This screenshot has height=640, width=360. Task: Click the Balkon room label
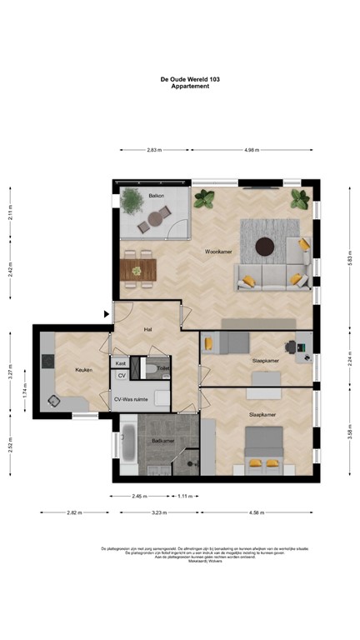(156, 196)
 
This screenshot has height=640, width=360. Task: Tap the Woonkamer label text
(218, 251)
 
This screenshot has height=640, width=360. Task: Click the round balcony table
(155, 219)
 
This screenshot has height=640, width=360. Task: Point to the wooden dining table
(138, 268)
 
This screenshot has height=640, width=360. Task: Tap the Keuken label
(82, 369)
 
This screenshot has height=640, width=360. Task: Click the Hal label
(147, 330)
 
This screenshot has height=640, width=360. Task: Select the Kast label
(121, 363)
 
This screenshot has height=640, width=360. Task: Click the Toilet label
(162, 367)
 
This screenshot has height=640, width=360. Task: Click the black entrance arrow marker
(106, 314)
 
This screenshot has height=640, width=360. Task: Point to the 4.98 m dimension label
(252, 150)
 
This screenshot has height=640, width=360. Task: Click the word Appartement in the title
(190, 87)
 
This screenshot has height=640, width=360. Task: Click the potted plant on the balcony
(131, 199)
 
